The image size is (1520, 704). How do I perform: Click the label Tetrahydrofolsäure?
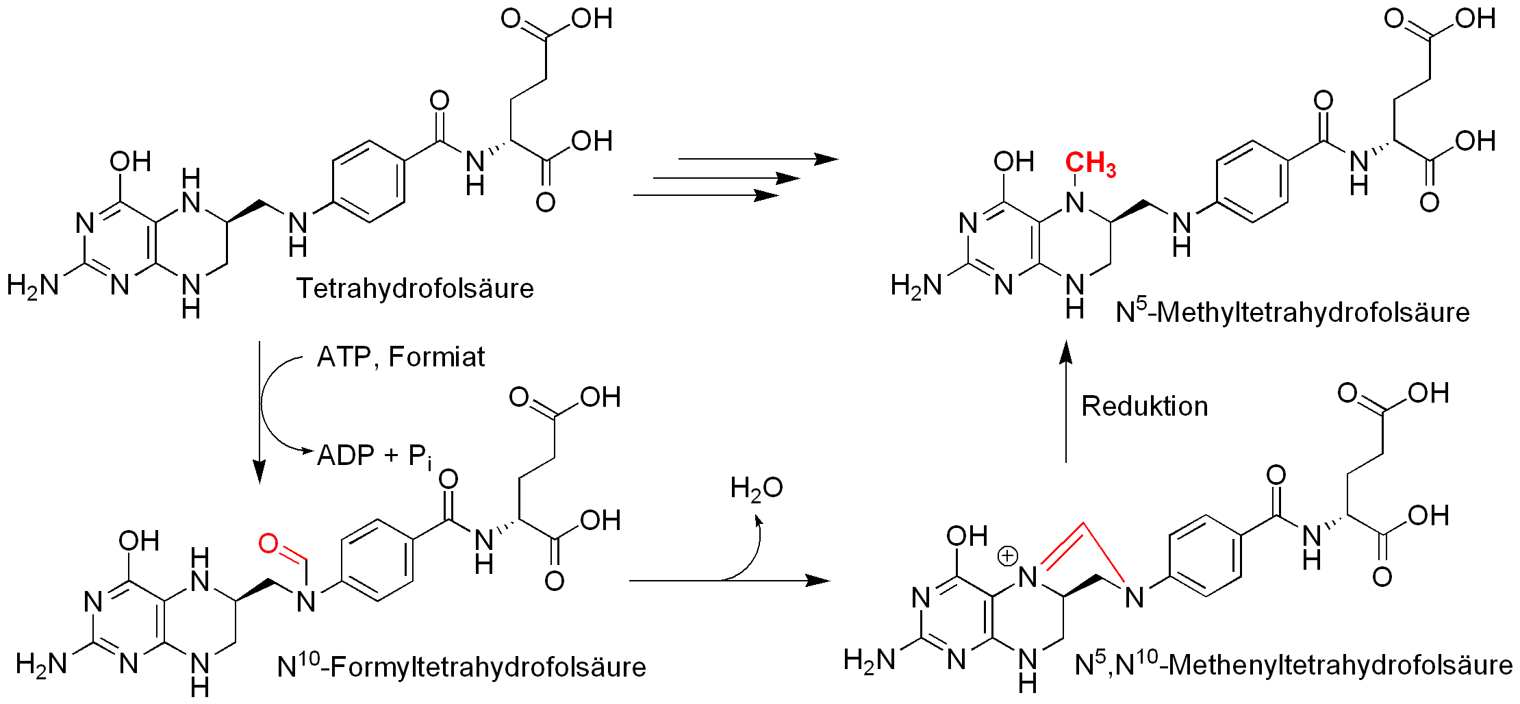point(414,288)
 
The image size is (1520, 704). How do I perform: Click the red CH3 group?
point(1090,164)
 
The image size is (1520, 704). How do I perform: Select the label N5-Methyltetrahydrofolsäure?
point(1292,312)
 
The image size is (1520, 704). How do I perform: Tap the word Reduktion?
point(1144,406)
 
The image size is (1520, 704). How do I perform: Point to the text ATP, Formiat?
point(401,357)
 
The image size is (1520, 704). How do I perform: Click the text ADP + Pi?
point(374,456)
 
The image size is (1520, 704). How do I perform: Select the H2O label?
point(756,488)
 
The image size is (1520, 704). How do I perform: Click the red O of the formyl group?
point(268,544)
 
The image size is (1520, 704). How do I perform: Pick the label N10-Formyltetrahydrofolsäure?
point(461,666)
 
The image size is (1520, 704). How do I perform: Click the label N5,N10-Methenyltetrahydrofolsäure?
point(1293,664)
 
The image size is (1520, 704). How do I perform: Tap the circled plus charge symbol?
point(1007,555)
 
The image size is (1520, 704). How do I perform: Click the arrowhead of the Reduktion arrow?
point(1066,351)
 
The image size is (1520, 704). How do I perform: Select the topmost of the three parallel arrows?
point(757,159)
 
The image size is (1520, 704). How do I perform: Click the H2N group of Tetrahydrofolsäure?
point(33,285)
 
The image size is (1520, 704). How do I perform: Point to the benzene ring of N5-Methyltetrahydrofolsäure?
point(1252,182)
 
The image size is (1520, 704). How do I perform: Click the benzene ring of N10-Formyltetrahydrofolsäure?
point(377,560)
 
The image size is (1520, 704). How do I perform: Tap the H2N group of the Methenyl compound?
point(869,660)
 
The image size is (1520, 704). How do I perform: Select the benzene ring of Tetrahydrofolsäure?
point(368,182)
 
